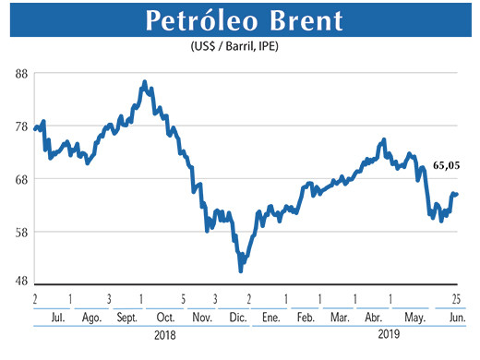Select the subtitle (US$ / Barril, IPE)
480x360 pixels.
tap(239, 47)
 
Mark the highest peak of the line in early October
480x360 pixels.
tap(145, 82)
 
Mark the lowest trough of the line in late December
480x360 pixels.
tap(241, 270)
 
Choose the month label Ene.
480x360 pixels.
tap(270, 317)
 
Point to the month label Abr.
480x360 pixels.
tap(373, 317)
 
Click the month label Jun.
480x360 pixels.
tap(456, 317)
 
